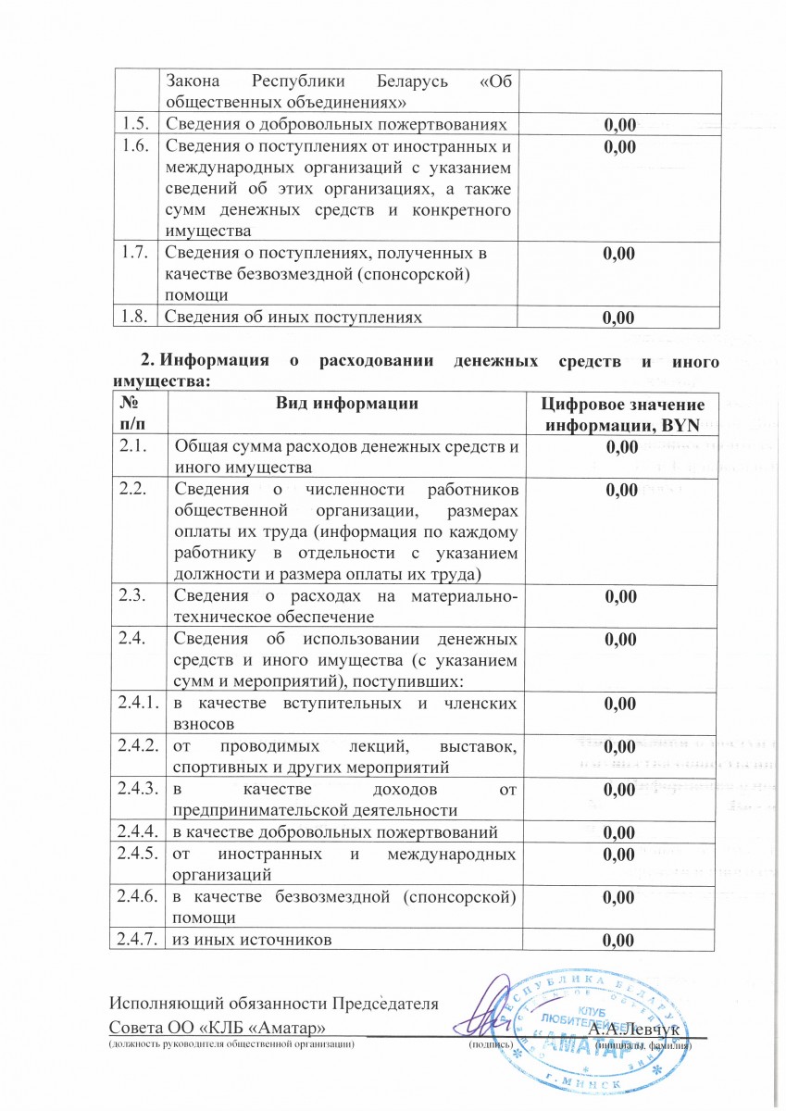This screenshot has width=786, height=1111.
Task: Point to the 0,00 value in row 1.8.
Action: click(x=618, y=318)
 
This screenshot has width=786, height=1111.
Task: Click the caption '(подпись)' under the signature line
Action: click(x=486, y=1044)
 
